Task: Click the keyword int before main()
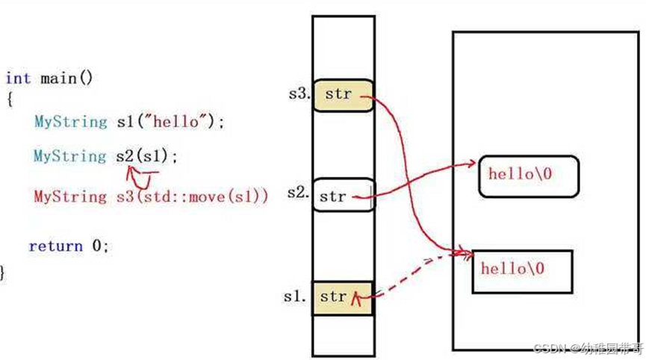point(18,78)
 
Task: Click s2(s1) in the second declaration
point(146,156)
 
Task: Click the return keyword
point(55,246)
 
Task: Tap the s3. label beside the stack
point(299,94)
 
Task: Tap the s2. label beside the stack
point(298,193)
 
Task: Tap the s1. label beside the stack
point(295,296)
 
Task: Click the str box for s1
point(342,297)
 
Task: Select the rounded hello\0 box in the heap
point(527,176)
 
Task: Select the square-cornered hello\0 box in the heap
point(521,270)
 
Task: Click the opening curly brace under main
point(9,99)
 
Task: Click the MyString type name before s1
point(70,122)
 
